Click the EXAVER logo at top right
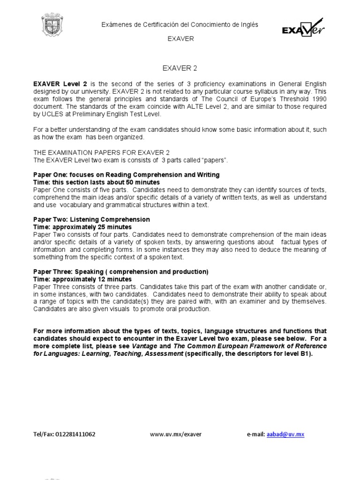coord(302,28)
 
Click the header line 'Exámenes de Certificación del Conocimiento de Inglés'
coord(180,24)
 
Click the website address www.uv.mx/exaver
coord(176,435)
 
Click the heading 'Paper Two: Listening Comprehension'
coord(91,219)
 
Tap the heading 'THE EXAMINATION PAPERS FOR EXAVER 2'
coord(101,153)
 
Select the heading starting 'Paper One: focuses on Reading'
coord(126,174)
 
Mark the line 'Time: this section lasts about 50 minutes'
coord(96,182)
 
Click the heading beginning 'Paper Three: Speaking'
coord(120,272)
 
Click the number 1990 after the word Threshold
coord(317,99)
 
